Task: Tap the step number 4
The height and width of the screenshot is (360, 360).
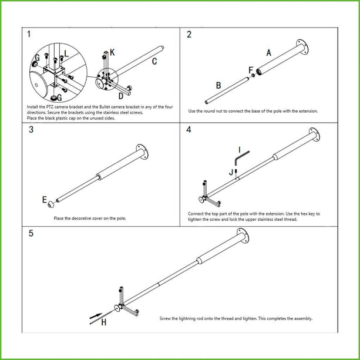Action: coord(189,130)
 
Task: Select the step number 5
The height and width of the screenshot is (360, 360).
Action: coord(31,233)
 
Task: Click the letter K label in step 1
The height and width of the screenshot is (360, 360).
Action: coord(112,52)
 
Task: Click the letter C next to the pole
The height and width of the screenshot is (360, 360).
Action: coord(154,61)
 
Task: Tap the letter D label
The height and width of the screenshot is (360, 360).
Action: coord(121,95)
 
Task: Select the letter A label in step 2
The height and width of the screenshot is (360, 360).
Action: coord(268,53)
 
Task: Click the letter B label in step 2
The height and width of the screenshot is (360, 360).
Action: coord(218,85)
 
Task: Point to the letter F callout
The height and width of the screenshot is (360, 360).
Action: coord(251,70)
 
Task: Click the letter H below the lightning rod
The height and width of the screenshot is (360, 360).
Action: coord(103,322)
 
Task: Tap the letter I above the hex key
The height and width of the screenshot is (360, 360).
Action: coord(240,149)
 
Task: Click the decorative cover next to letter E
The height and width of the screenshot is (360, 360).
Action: coord(52,205)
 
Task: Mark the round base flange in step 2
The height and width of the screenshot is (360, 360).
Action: coord(303,47)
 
